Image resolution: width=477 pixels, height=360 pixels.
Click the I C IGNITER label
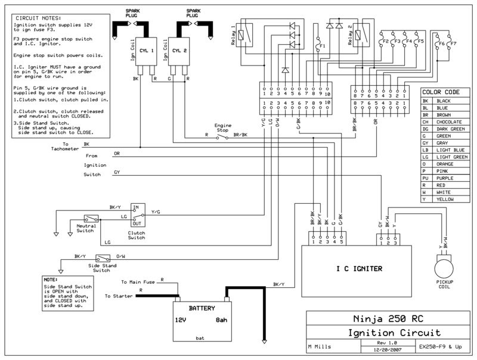point(360,269)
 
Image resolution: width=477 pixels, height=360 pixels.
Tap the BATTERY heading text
point(202,308)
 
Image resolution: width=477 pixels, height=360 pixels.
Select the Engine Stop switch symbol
point(222,136)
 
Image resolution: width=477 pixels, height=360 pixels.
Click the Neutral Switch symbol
point(91,219)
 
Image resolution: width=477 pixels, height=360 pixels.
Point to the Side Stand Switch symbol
point(103,259)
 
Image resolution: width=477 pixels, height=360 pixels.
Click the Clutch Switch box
point(138,215)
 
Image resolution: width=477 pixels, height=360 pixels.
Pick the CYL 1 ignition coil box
point(146,51)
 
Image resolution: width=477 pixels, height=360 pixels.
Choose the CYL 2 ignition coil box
point(179,51)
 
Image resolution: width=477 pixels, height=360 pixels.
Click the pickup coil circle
point(444,269)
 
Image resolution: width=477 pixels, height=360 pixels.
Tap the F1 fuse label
point(323,46)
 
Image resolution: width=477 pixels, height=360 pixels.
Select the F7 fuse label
point(453,44)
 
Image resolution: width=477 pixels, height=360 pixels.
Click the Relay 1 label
point(233,35)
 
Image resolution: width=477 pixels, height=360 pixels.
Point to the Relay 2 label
point(350,35)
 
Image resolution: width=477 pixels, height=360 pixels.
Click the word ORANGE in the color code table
point(445,164)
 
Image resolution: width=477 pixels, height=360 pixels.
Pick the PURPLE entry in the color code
point(445,178)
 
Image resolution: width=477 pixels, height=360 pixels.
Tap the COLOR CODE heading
point(441,92)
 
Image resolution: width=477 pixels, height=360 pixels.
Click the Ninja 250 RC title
point(388,319)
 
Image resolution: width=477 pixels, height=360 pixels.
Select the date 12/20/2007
point(388,350)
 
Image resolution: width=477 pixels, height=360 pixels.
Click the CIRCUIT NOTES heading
point(38,18)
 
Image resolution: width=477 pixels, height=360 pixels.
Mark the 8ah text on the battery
point(221,320)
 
